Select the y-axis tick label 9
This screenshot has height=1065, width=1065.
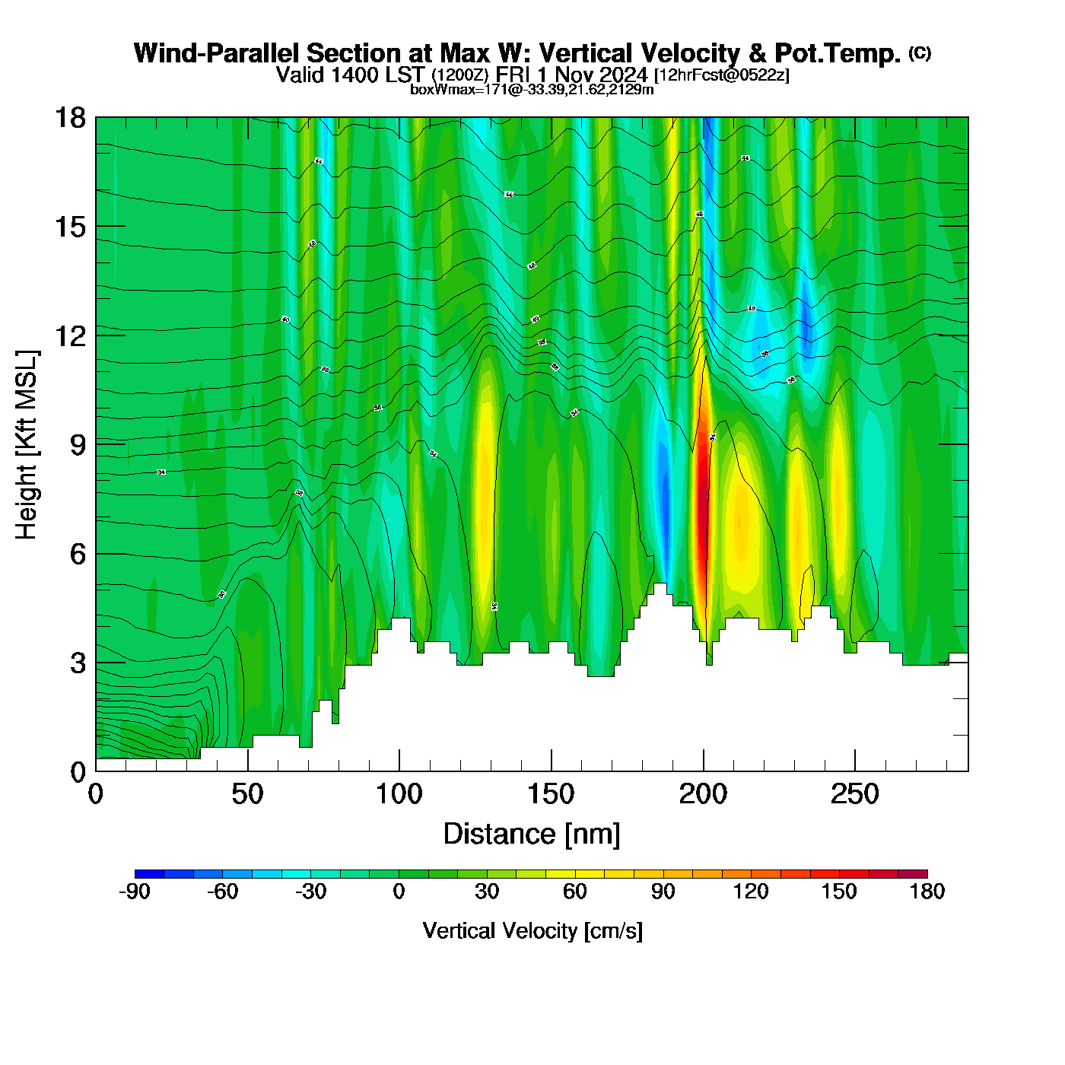pos(78,445)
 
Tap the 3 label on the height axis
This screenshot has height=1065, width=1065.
pos(78,663)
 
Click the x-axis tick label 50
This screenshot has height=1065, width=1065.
pos(247,795)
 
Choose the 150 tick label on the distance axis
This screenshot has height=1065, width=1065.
pos(551,795)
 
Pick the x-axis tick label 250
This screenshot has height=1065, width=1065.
pos(855,795)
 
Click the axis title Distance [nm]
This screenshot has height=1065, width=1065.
pos(532,835)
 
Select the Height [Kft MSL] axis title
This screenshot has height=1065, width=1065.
pos(27,445)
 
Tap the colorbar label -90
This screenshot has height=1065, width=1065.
pos(135,892)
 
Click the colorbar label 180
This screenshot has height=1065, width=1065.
pos(927,892)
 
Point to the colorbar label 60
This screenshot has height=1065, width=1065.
pos(575,892)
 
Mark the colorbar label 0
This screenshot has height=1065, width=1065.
pos(399,892)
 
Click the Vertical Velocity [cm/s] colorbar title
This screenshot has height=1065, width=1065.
pos(532,931)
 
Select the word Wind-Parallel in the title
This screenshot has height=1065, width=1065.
pos(218,53)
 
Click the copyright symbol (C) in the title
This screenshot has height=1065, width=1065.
pos(920,52)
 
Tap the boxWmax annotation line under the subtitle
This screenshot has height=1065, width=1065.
pos(532,90)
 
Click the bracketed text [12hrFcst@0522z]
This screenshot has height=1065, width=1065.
pos(721,75)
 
